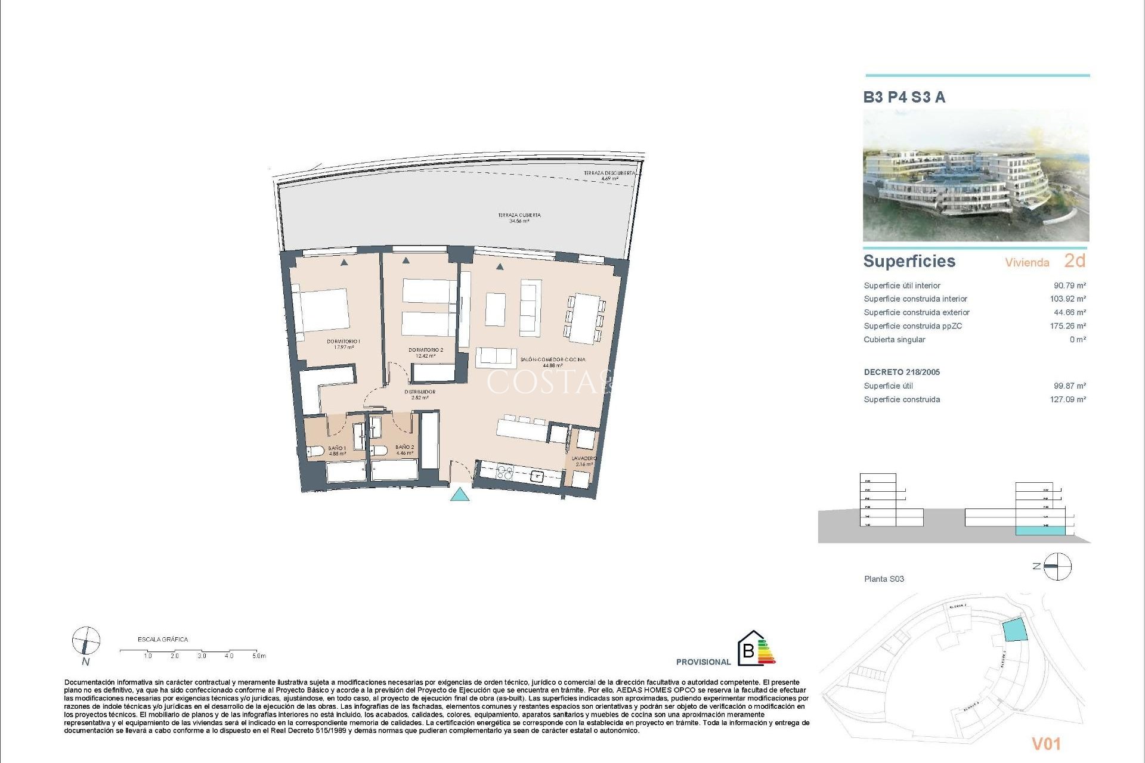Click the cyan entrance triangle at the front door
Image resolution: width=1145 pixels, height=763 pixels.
pyautogui.click(x=459, y=494)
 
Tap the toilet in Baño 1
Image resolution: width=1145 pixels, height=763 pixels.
pyautogui.click(x=316, y=451)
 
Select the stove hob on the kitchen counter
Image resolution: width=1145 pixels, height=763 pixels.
pyautogui.click(x=505, y=473)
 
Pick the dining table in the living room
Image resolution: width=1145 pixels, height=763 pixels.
pyautogui.click(x=584, y=318)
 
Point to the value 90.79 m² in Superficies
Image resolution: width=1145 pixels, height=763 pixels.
pyautogui.click(x=1069, y=286)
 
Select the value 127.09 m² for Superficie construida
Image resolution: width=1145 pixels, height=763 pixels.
pyautogui.click(x=1067, y=399)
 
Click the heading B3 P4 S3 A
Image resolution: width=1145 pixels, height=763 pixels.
pyautogui.click(x=904, y=97)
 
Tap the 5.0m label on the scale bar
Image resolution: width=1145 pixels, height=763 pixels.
pyautogui.click(x=259, y=656)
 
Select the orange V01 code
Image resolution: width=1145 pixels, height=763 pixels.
pyautogui.click(x=1046, y=743)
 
